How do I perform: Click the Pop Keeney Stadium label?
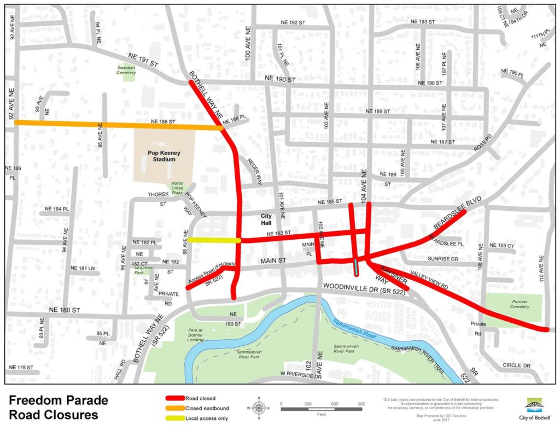[164, 156]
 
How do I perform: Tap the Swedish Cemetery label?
[126, 70]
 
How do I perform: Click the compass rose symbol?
[260, 408]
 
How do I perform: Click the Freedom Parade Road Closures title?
[58, 407]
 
